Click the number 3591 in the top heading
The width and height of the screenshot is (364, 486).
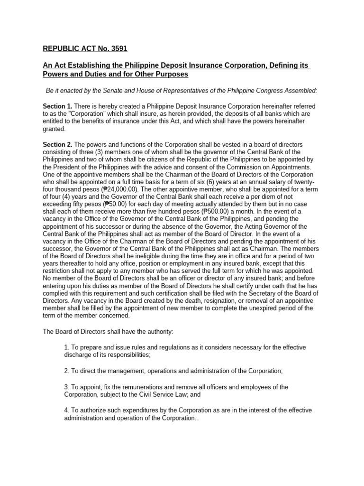118,48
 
